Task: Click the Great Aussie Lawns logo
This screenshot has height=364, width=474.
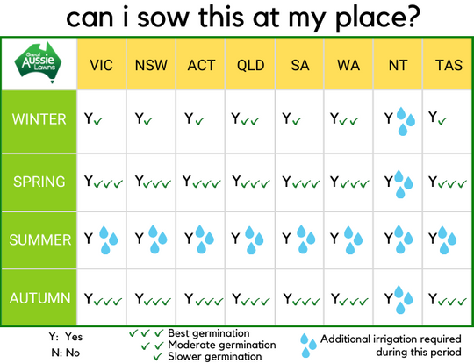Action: [38, 63]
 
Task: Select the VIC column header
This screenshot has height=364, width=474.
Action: [101, 65]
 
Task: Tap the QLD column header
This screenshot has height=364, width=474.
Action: [250, 65]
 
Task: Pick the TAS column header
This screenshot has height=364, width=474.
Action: [449, 65]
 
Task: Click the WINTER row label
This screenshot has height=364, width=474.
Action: [39, 119]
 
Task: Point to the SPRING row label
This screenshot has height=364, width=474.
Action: [39, 182]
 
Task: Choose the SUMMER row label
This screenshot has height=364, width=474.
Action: [39, 239]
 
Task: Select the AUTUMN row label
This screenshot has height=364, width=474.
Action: [39, 298]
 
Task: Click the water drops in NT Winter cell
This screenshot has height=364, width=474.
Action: [406, 121]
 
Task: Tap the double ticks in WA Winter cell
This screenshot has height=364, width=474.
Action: [348, 121]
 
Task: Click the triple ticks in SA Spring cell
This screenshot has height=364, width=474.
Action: [306, 183]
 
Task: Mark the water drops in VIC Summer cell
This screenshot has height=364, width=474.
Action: [108, 240]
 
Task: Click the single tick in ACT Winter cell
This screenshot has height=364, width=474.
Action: [200, 121]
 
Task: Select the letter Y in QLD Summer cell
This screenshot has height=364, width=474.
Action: [235, 238]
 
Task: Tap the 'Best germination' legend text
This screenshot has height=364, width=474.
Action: [209, 333]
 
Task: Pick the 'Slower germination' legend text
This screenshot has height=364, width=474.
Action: [215, 356]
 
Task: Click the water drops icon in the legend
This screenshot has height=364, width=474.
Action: [308, 346]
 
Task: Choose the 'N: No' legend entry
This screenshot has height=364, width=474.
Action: [66, 353]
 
